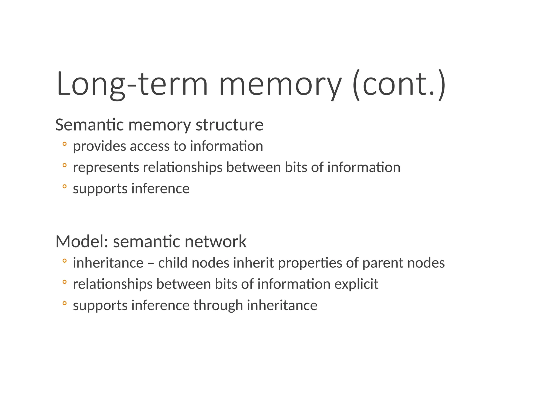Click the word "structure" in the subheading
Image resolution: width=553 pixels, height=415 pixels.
tap(230, 125)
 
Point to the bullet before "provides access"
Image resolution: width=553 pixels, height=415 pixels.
tap(64, 144)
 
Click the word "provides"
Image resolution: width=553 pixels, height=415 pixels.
tap(99, 146)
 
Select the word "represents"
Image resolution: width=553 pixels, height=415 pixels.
tap(106, 168)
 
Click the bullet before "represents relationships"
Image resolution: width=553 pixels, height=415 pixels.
tap(64, 165)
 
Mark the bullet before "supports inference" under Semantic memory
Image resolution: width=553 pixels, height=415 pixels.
tap(64, 186)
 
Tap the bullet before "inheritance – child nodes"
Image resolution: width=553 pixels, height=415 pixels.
tap(64, 261)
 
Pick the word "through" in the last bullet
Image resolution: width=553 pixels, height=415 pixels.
tap(218, 306)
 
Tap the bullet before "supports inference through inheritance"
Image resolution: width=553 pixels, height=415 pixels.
tap(64, 303)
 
